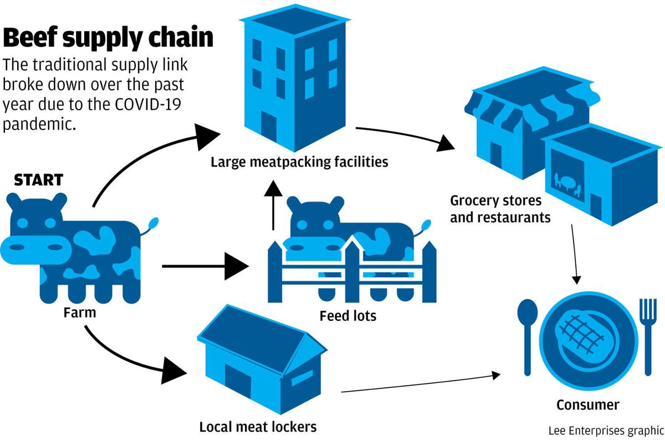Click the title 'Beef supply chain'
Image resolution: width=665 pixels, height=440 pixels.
[x=108, y=38]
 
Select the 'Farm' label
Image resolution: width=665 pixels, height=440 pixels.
[x=79, y=312]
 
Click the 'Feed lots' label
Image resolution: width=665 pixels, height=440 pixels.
[x=347, y=316]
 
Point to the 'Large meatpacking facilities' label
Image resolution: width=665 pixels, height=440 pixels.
[x=299, y=162]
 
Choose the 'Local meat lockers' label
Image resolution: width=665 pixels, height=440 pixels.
[x=258, y=427]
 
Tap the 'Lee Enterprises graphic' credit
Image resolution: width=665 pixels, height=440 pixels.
[x=606, y=431]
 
